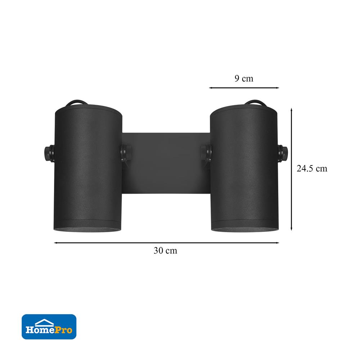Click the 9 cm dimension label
point(244,78)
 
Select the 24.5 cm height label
point(312,168)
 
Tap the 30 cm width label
point(165,251)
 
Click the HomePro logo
point(49,327)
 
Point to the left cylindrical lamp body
point(88,168)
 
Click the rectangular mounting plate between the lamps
point(166,163)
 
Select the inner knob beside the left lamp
point(126,152)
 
